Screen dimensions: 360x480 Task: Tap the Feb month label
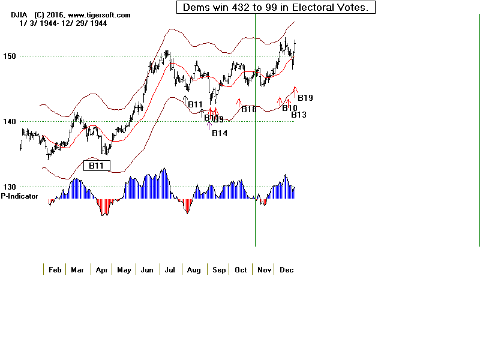[55, 270]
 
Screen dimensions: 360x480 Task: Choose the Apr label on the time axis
[101, 270]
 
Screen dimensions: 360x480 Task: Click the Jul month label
[170, 270]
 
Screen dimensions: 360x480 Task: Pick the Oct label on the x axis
[241, 270]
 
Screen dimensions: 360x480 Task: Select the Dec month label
[286, 270]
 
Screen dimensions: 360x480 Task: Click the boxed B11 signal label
[97, 165]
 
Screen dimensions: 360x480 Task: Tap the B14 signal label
[220, 133]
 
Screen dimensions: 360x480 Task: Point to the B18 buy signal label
[249, 110]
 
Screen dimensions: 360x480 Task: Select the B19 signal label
[305, 98]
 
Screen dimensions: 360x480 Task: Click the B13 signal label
[299, 115]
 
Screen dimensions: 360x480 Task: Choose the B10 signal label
[290, 109]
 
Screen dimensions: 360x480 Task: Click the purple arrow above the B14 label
[209, 125]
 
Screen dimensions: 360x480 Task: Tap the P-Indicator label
[20, 196]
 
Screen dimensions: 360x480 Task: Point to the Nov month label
[264, 270]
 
